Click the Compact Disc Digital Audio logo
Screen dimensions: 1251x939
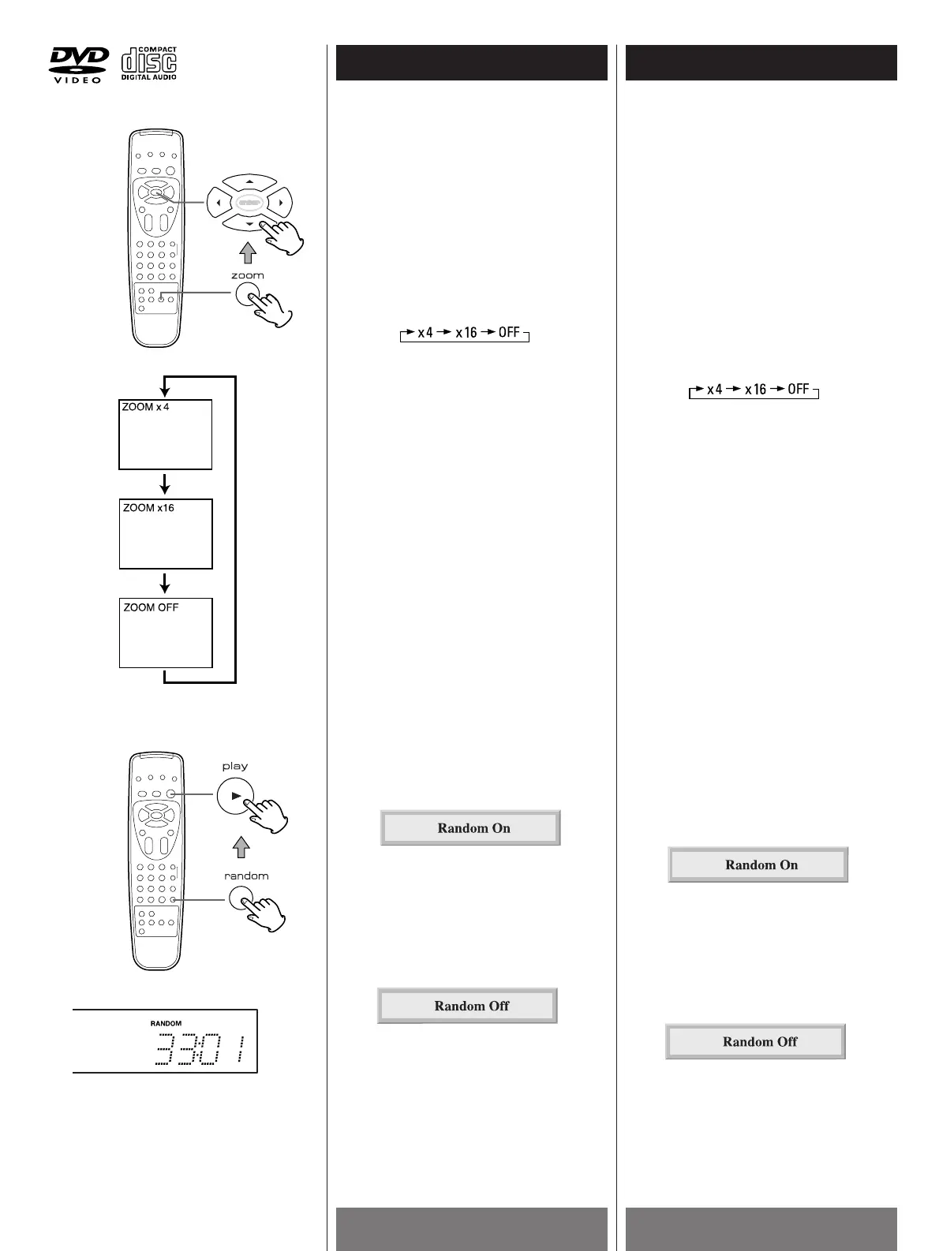tap(148, 63)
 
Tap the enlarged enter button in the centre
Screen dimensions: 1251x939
tap(249, 203)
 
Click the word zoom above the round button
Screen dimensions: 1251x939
tap(247, 275)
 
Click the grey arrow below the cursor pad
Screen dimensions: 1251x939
tap(248, 252)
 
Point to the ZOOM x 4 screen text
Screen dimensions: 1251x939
tap(146, 407)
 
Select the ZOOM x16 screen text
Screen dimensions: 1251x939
tap(148, 508)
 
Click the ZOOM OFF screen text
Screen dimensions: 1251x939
tap(151, 607)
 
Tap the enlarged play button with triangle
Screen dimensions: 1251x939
tap(235, 796)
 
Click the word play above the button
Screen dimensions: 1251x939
tap(235, 766)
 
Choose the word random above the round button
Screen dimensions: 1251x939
tap(246, 876)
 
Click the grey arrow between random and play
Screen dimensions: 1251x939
tap(242, 846)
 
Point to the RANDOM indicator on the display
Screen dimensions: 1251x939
tap(166, 1023)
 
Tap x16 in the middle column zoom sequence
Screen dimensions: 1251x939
tap(466, 333)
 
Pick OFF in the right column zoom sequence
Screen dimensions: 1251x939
tap(799, 389)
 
